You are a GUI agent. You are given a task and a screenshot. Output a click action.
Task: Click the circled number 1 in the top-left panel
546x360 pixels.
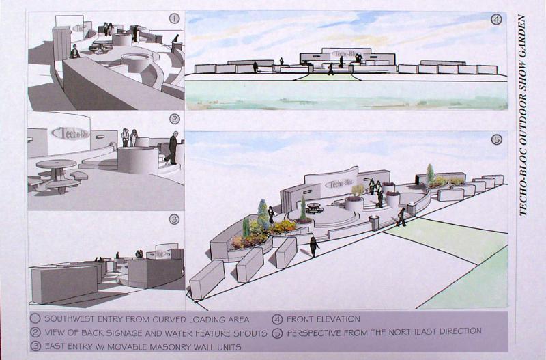[174, 19]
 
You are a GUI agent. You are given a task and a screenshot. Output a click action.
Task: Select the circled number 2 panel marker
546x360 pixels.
[175, 119]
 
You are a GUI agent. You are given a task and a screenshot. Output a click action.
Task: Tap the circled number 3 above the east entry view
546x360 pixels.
[174, 219]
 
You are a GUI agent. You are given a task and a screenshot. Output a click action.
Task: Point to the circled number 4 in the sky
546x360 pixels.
[497, 20]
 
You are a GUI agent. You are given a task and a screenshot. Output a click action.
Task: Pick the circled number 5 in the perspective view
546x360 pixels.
[497, 140]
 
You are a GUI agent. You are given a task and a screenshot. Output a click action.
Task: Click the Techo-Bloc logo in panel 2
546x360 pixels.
[70, 133]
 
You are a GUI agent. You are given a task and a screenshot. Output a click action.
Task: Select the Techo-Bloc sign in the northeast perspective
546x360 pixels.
[339, 184]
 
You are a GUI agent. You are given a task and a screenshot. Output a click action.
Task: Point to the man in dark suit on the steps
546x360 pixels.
[173, 148]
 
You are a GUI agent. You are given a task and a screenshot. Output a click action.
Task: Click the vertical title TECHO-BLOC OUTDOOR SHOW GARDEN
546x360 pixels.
[523, 115]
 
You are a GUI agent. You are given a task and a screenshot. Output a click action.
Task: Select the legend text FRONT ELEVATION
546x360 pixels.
[323, 319]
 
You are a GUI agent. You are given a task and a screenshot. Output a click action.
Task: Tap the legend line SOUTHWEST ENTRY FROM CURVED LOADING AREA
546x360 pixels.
[147, 319]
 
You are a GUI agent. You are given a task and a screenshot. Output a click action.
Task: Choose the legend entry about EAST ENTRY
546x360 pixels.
[143, 347]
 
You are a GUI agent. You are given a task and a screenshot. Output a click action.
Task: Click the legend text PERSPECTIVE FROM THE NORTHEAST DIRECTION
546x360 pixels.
[384, 332]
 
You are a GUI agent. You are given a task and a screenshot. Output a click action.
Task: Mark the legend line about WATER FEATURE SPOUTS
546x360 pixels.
[156, 333]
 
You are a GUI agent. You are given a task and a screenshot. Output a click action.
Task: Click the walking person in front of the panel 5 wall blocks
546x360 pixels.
[314, 246]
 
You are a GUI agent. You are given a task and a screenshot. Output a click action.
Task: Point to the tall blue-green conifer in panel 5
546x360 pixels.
[263, 212]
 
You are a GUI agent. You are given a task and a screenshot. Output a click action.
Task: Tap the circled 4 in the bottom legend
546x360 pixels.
[278, 319]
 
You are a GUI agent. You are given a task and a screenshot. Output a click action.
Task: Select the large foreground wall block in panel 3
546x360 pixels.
[64, 284]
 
